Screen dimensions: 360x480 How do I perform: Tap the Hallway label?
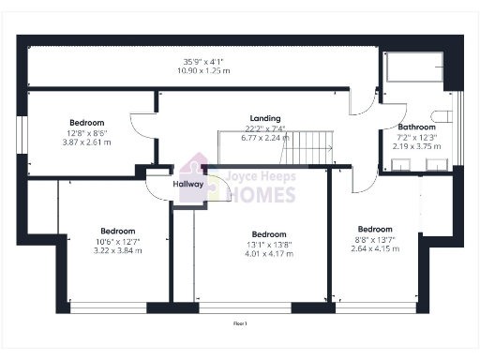pyautogui.click(x=187, y=184)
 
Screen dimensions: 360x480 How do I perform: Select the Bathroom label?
pyautogui.click(x=416, y=127)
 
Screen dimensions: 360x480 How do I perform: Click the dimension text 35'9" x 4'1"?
pyautogui.click(x=204, y=62)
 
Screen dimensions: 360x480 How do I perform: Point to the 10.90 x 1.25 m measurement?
pyautogui.click(x=204, y=70)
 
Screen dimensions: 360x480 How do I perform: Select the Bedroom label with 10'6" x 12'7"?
pyautogui.click(x=118, y=231)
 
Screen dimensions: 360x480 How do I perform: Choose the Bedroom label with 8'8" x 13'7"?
pyautogui.click(x=375, y=229)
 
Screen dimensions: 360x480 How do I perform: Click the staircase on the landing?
pyautogui.click(x=311, y=145)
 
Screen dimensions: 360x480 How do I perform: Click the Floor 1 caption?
pyautogui.click(x=240, y=323)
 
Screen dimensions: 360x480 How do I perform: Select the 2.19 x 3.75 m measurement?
pyautogui.click(x=416, y=145)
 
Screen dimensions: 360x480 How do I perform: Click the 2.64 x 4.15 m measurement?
pyautogui.click(x=375, y=247)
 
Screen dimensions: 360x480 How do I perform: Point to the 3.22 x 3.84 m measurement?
pyautogui.click(x=118, y=250)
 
